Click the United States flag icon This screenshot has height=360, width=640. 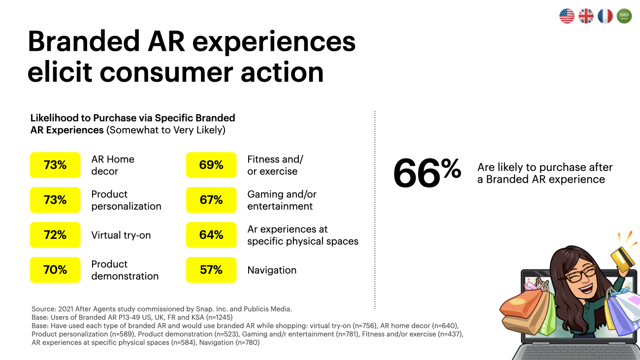(567, 16)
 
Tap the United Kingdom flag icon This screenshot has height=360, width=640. (586, 16)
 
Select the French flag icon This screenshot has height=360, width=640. (605, 16)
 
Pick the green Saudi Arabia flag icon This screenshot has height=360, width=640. (624, 16)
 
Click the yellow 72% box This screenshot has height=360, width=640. (55, 235)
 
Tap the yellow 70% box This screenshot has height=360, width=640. (55, 270)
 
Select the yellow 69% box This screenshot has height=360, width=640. (211, 165)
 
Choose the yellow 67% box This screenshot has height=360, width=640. (211, 200)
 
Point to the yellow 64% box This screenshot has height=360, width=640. (211, 235)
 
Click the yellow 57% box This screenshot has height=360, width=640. (211, 270)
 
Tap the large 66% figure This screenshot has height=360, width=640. (427, 173)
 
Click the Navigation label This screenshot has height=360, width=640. (272, 270)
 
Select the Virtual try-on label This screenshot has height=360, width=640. (121, 235)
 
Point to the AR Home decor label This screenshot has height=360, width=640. (113, 165)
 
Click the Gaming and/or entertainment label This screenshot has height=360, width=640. (282, 200)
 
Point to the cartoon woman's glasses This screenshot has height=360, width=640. (577, 274)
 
